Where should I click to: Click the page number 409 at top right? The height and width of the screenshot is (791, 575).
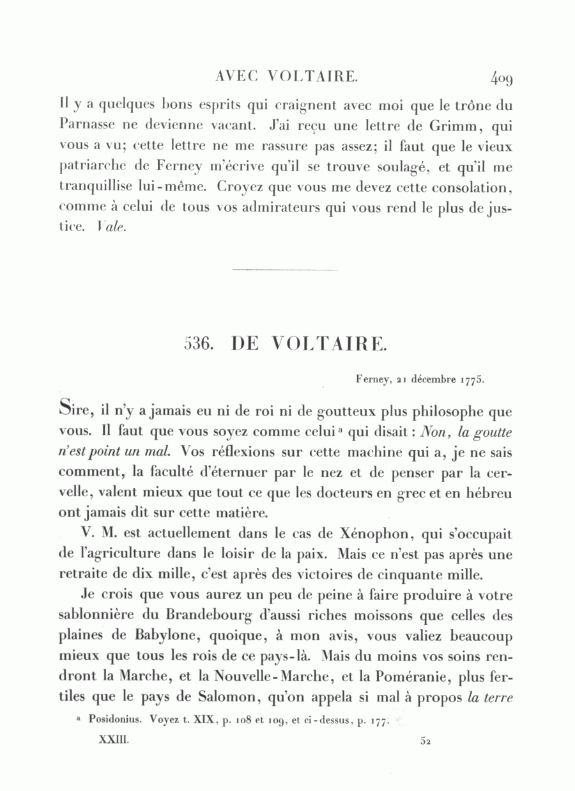[x=502, y=79]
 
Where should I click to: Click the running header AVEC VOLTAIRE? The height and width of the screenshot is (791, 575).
[x=287, y=77]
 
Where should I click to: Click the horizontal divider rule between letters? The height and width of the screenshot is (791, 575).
[x=285, y=270]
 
